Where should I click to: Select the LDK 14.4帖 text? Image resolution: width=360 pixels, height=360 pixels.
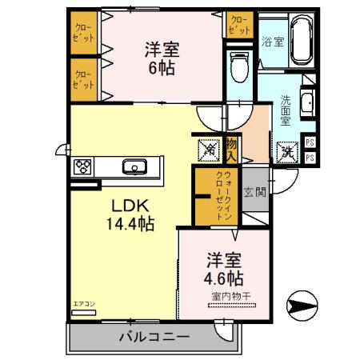click(x=130, y=213)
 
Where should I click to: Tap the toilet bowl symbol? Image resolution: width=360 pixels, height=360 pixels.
click(x=238, y=67)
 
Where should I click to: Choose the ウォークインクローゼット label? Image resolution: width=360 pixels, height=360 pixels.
click(x=227, y=196)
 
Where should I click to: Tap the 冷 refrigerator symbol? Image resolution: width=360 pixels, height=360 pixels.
click(x=208, y=150)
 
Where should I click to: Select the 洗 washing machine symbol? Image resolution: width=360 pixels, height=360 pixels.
click(x=285, y=150)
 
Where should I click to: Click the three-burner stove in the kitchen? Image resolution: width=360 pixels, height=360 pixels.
click(x=82, y=167)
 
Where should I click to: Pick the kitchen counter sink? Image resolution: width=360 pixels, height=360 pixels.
click(x=134, y=167)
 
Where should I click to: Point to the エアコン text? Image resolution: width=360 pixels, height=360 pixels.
click(x=84, y=304)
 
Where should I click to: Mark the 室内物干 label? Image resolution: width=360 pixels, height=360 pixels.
click(x=232, y=297)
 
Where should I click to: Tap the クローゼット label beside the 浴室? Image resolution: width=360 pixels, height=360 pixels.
click(x=238, y=25)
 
